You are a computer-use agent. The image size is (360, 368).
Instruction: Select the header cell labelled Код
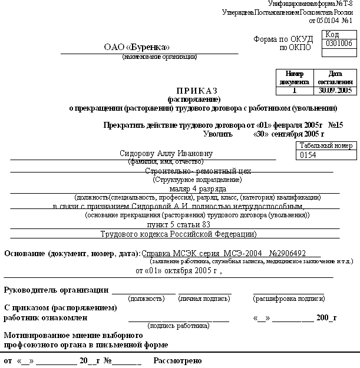click(332, 35)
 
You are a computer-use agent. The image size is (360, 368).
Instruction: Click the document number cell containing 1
click(295, 91)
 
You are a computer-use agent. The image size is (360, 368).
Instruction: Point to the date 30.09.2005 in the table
click(335, 91)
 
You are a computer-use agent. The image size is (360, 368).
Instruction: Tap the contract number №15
click(335, 125)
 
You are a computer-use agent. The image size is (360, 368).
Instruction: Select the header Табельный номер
click(326, 145)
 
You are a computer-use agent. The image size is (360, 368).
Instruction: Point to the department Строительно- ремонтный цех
click(198, 171)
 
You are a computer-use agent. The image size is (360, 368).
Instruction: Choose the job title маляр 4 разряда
click(198, 188)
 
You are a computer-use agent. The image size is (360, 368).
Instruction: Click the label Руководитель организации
click(56, 290)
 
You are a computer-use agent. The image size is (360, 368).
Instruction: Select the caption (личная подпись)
click(204, 299)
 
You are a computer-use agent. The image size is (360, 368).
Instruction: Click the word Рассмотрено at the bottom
click(177, 360)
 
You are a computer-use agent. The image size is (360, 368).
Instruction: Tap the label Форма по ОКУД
click(278, 39)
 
